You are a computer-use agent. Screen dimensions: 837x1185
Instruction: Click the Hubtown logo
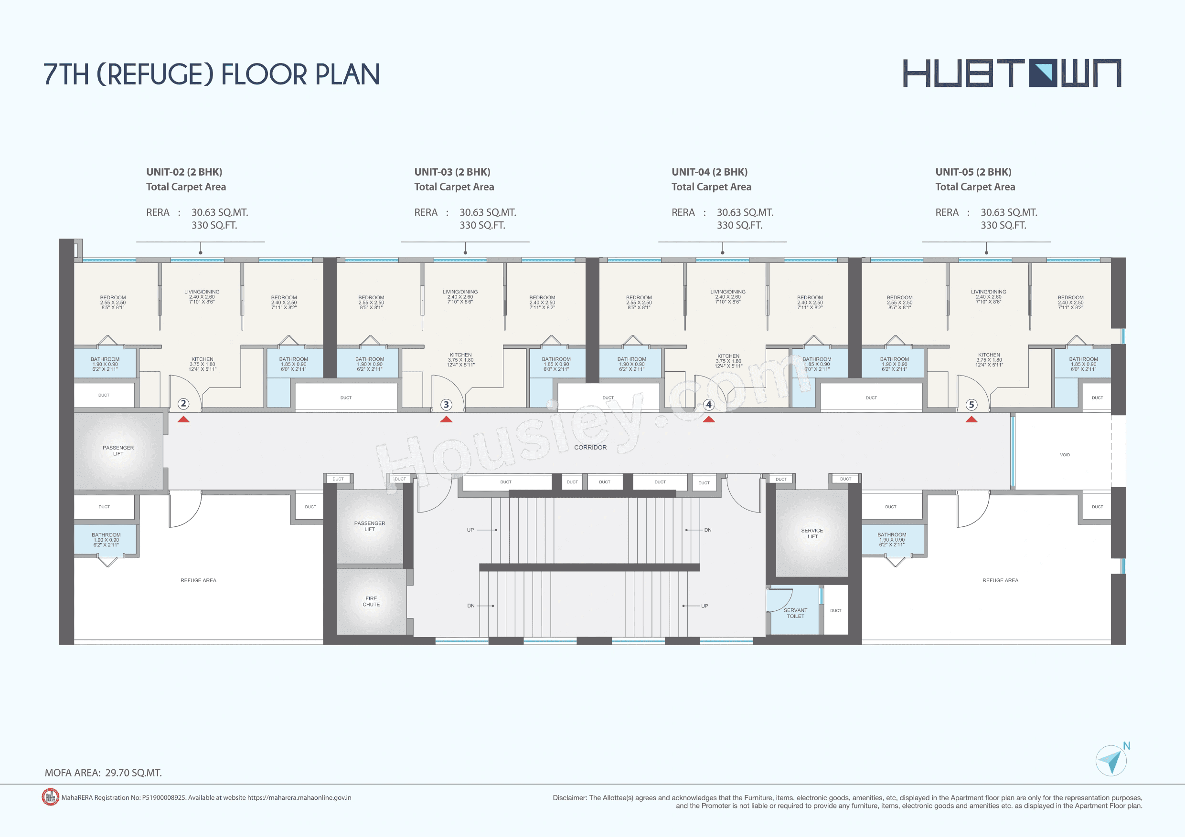(x=1012, y=73)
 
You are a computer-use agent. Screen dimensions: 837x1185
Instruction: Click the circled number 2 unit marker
(x=183, y=404)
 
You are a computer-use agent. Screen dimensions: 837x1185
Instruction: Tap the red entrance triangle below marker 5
(x=971, y=419)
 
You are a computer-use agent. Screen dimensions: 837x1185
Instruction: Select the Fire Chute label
(x=371, y=601)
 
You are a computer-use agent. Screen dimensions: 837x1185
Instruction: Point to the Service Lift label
(x=812, y=533)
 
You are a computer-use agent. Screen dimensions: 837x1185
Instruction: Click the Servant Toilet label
(x=795, y=613)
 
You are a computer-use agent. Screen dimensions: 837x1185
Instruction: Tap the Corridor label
(x=590, y=447)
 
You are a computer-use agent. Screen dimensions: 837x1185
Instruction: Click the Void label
(x=1065, y=455)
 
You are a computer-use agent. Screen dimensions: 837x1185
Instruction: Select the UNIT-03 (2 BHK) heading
(x=452, y=172)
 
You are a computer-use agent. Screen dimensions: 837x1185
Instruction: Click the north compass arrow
(x=1111, y=761)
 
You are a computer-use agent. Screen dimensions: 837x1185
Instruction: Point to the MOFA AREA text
(x=103, y=773)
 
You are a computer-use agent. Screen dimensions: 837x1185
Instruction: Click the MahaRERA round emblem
(x=50, y=797)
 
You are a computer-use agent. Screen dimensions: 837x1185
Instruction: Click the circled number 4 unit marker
(x=709, y=405)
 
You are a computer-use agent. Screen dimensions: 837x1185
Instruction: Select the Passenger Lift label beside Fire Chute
(x=370, y=526)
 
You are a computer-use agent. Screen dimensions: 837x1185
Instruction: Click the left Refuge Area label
(x=198, y=580)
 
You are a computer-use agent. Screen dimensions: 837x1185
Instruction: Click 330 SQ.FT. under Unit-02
(x=214, y=225)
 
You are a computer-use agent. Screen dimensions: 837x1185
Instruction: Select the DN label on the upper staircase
(x=707, y=530)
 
